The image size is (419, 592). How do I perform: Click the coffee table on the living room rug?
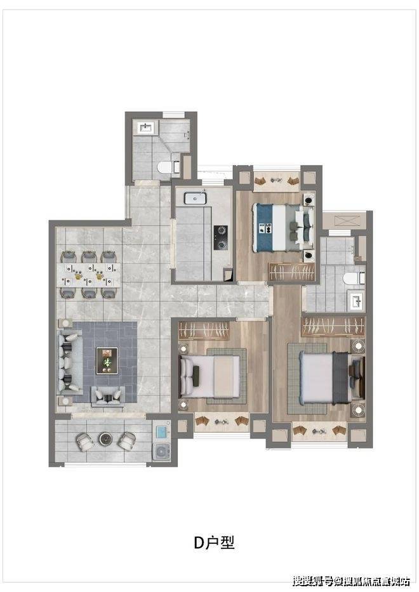pyautogui.click(x=107, y=361)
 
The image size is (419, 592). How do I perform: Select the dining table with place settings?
pyautogui.click(x=90, y=275)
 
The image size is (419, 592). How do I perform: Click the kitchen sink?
pyautogui.click(x=196, y=198)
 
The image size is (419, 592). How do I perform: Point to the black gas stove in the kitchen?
pyautogui.click(x=221, y=238)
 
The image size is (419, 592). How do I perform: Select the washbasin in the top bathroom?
pyautogui.click(x=145, y=128)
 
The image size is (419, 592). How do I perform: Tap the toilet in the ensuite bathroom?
pyautogui.click(x=354, y=279)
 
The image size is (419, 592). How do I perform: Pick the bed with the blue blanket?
pyautogui.click(x=283, y=228)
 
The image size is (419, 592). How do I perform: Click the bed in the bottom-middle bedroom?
pyautogui.click(x=209, y=376)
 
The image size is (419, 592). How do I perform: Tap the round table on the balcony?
pyautogui.click(x=105, y=438)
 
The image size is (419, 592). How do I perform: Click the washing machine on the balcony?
pyautogui.click(x=162, y=451)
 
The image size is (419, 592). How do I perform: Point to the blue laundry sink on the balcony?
pyautogui.click(x=161, y=432)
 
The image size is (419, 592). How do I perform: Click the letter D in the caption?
pyautogui.click(x=199, y=543)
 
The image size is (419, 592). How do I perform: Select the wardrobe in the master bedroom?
pyautogui.click(x=333, y=327)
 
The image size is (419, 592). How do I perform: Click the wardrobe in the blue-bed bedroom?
pyautogui.click(x=291, y=272)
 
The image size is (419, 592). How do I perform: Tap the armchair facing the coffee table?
pyautogui.click(x=108, y=397)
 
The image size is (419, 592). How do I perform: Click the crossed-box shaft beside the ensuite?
pyautogui.click(x=344, y=220)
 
